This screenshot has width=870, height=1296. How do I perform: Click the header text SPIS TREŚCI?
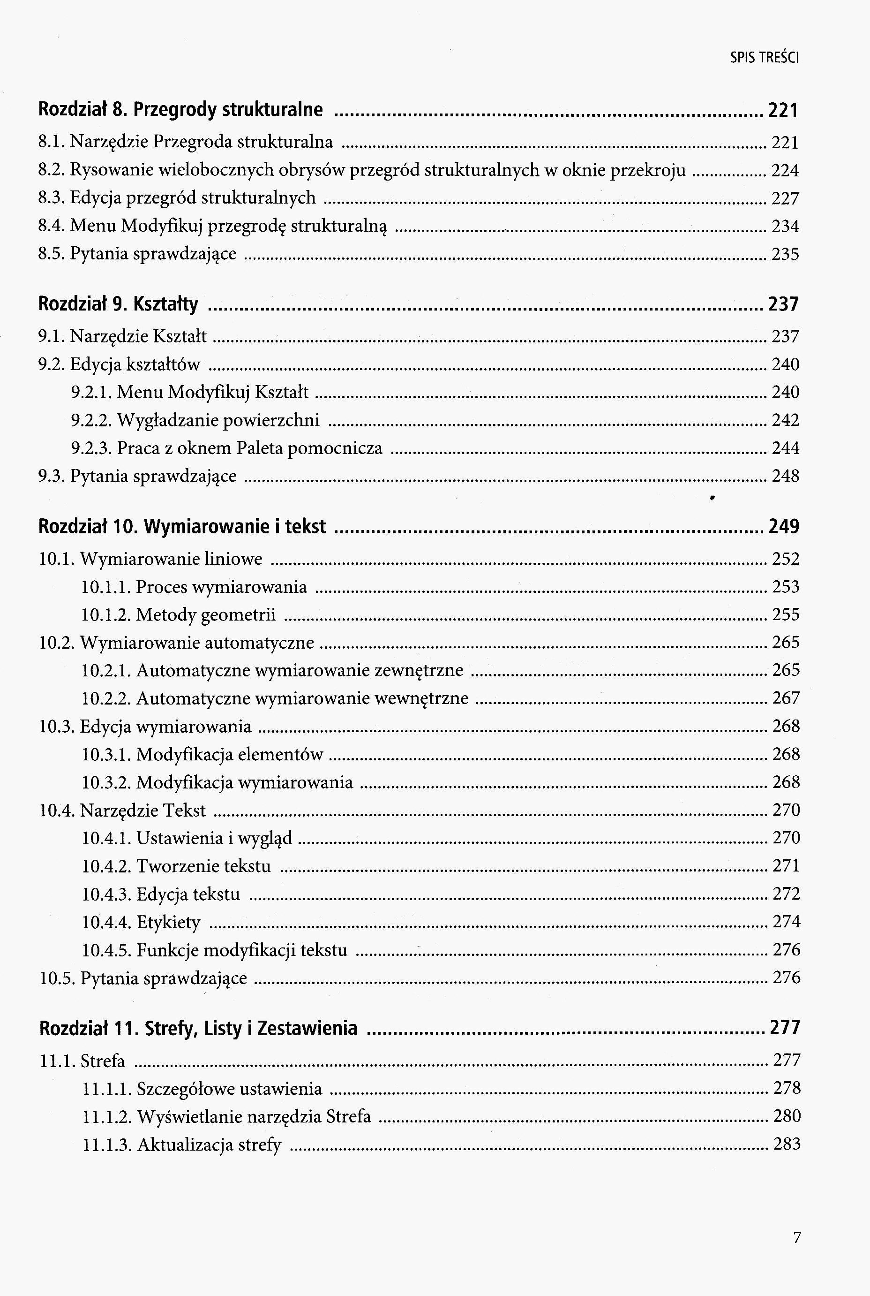coord(764,58)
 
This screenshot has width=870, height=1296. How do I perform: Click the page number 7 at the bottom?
coord(797,1237)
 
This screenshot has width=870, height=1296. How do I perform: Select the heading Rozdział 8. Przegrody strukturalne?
coord(180,110)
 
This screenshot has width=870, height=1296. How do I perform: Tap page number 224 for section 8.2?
coord(785,170)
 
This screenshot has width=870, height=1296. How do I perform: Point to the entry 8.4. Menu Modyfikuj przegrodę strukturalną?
coord(212,226)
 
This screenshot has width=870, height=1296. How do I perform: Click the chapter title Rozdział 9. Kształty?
coord(118,304)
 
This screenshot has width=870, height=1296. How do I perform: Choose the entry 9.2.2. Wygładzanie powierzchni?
coord(195,420)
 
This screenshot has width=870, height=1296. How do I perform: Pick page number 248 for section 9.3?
coord(785,476)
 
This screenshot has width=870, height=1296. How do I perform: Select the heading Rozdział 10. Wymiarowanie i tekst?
coord(182,526)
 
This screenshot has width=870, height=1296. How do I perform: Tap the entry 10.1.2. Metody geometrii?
coord(178,615)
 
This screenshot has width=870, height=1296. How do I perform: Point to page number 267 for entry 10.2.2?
coord(786,698)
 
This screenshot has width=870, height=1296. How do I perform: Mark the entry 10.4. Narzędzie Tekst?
coord(122,811)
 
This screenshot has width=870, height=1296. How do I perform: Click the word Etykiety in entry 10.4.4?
coord(168,922)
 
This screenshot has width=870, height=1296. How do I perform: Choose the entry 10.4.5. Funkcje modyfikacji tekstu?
coord(214,950)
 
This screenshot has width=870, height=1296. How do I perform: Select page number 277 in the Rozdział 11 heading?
coord(785,1028)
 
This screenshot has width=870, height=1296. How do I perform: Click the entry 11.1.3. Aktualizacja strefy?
coord(181,1144)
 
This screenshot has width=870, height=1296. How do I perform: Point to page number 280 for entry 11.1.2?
coord(787,1116)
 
